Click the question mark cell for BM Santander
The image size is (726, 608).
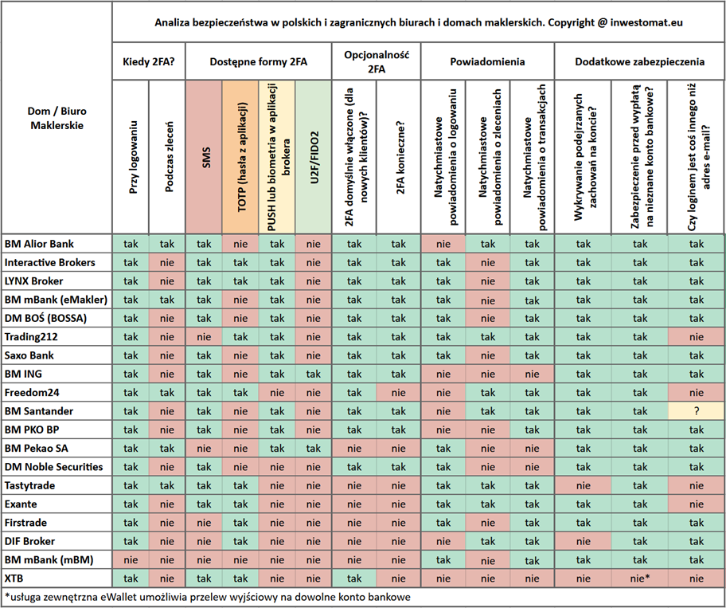(x=697, y=411)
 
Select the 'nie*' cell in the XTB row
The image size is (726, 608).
(x=640, y=579)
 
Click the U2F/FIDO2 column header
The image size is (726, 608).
(x=314, y=157)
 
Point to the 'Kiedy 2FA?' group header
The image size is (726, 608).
(x=149, y=61)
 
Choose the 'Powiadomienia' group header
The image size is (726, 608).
(x=487, y=61)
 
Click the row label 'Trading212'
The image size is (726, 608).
(x=31, y=337)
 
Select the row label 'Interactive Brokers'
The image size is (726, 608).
(x=49, y=262)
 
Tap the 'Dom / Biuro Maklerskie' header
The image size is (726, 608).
(x=57, y=118)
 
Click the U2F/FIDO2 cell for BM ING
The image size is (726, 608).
(x=314, y=374)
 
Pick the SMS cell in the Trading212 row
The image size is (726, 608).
(x=204, y=337)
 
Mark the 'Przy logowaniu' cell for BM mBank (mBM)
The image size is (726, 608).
(x=131, y=560)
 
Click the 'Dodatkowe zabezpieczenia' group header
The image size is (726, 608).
(x=640, y=61)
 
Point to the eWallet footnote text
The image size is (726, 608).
(x=208, y=597)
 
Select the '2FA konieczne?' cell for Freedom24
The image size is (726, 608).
(x=398, y=393)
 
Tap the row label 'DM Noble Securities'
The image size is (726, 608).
(x=53, y=467)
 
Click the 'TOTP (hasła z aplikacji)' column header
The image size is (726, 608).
(x=240, y=157)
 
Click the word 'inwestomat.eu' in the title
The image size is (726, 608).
(x=646, y=22)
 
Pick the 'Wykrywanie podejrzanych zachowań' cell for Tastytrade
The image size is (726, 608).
(x=584, y=485)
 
